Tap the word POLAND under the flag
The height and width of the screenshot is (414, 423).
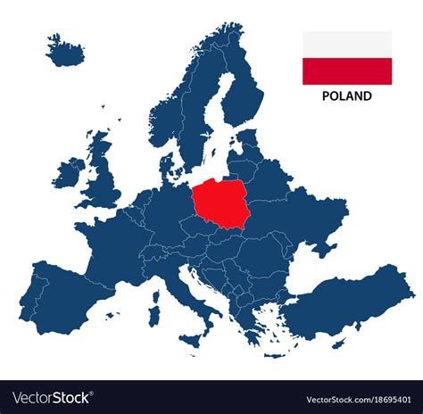click(x=347, y=96)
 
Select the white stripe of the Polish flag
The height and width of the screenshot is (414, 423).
click(x=347, y=46)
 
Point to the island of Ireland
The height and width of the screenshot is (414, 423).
click(x=68, y=173)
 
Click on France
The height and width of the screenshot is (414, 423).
click(x=112, y=241)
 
